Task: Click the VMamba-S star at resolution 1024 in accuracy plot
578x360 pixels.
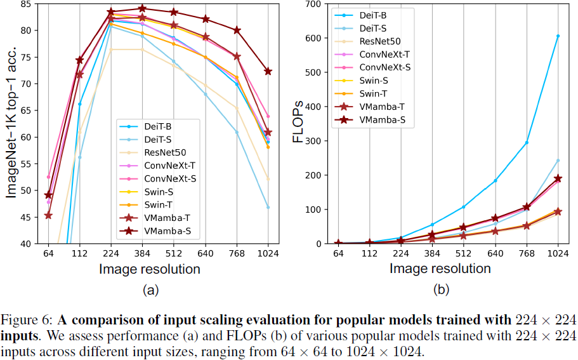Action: [x=268, y=71]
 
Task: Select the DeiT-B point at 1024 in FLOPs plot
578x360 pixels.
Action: [x=558, y=36]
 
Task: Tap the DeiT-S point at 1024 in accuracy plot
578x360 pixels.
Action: [x=268, y=207]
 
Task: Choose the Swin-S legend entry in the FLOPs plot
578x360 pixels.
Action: [x=373, y=81]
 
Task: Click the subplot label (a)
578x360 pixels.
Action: [x=150, y=291]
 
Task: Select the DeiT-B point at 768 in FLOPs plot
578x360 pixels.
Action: [x=526, y=142]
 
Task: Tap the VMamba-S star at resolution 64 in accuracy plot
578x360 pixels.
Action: [x=48, y=195]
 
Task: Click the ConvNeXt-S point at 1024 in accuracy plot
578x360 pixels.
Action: [x=268, y=116]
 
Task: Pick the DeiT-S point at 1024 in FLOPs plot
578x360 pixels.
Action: [x=558, y=161]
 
